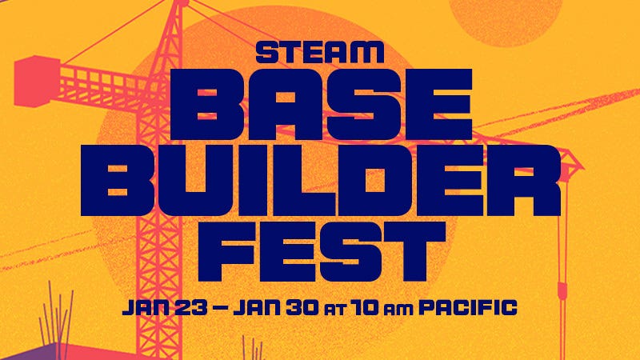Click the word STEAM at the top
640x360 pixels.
point(319,53)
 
